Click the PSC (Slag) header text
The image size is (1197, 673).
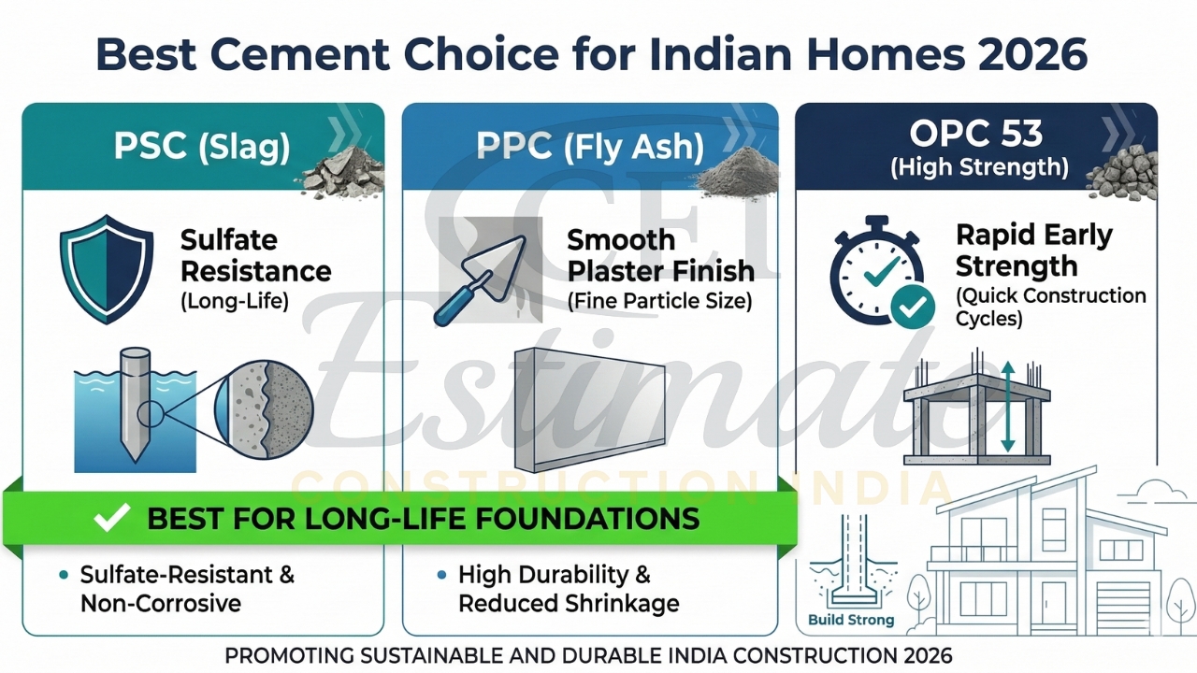(201, 147)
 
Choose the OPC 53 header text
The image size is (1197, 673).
(975, 134)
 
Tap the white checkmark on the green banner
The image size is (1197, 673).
(111, 518)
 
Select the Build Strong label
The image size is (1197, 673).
(851, 620)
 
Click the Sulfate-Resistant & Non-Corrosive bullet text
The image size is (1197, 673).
(187, 589)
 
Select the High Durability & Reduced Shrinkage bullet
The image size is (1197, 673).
(568, 589)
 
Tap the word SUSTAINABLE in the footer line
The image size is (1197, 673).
(435, 655)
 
